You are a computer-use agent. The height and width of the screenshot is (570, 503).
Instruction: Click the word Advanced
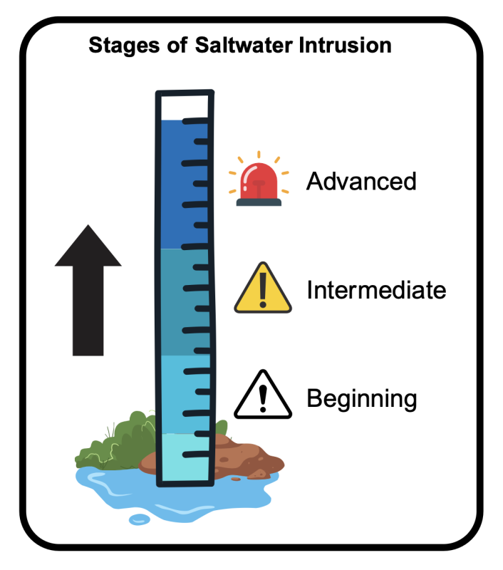[x=361, y=181]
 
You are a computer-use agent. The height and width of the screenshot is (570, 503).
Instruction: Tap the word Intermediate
[x=376, y=291]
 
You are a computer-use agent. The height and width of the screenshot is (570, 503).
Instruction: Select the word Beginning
[x=361, y=398]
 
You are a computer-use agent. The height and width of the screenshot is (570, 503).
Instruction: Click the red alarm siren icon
[x=259, y=180]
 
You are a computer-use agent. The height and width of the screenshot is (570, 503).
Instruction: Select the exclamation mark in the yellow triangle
[x=263, y=291]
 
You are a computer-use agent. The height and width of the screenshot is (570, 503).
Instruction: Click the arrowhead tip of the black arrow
[x=88, y=229]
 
